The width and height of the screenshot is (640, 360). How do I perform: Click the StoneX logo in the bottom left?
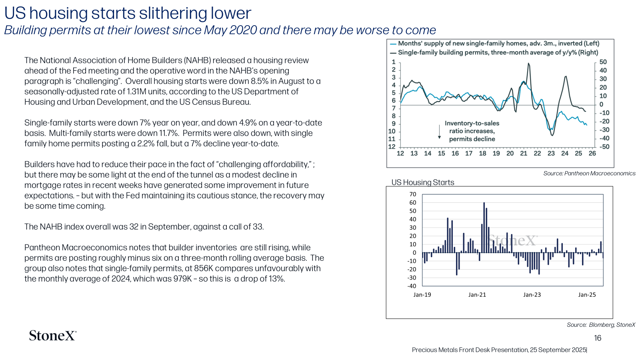click(x=53, y=336)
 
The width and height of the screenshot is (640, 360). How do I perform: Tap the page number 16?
click(x=598, y=338)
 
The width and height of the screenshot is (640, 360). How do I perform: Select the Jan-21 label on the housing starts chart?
click(x=477, y=295)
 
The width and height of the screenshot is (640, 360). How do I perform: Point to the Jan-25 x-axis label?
click(x=587, y=295)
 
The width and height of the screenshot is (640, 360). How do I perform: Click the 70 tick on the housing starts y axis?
click(x=413, y=194)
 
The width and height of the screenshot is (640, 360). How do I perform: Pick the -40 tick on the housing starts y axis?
click(x=412, y=286)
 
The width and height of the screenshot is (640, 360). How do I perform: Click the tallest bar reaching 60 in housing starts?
click(x=484, y=228)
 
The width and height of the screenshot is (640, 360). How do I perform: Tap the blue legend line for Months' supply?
click(x=393, y=44)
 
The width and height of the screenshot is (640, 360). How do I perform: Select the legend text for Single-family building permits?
click(x=498, y=52)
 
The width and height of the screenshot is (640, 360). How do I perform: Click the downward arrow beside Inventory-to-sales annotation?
click(x=440, y=132)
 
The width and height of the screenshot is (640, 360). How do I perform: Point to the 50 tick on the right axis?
click(x=603, y=62)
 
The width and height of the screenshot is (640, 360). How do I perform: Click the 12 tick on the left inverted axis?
click(x=392, y=147)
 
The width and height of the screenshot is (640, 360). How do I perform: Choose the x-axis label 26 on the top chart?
click(x=592, y=154)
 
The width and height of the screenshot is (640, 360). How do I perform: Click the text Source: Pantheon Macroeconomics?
click(x=590, y=174)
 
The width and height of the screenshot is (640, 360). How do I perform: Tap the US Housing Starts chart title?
click(x=422, y=182)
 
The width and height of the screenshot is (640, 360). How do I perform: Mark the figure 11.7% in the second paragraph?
click(x=168, y=133)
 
